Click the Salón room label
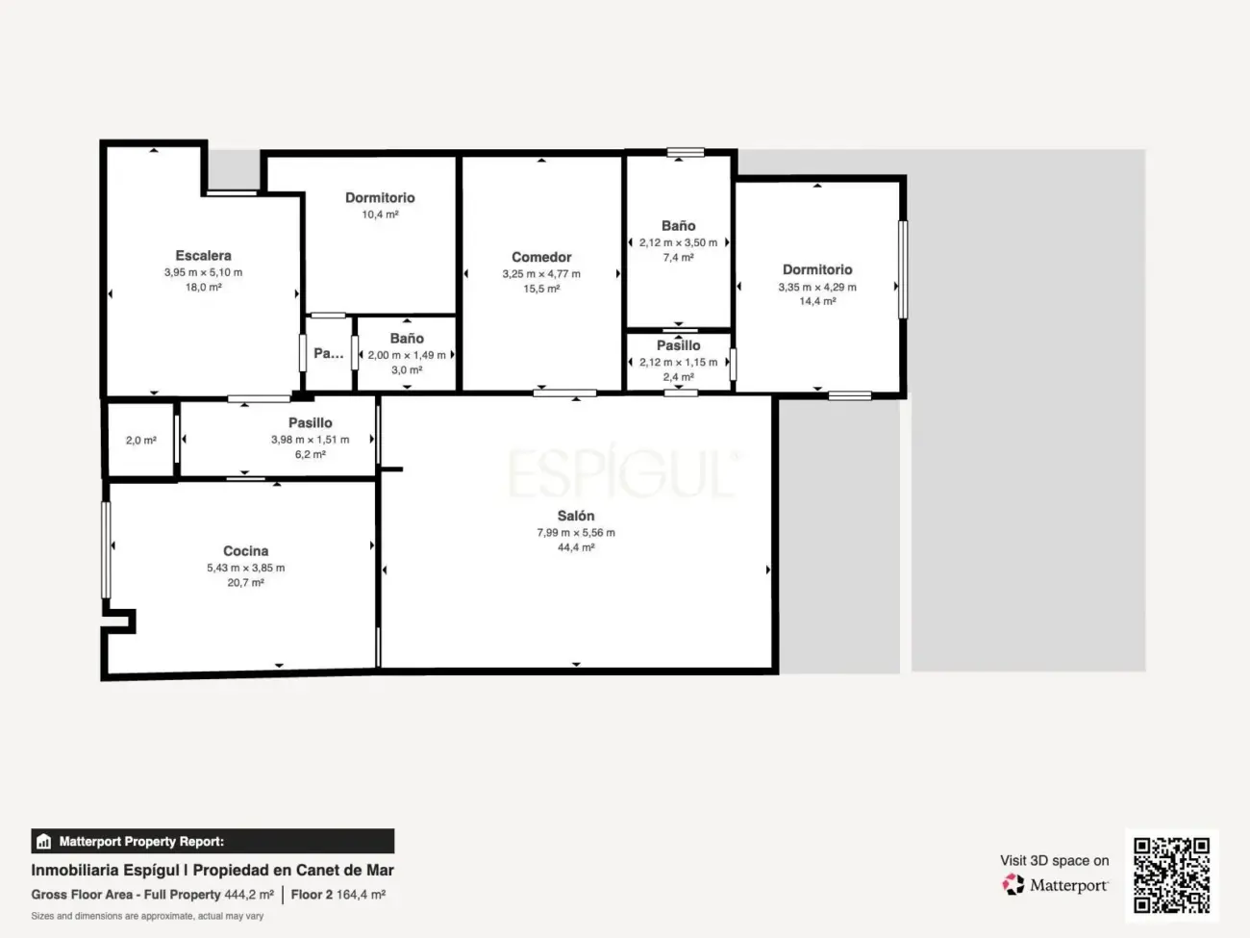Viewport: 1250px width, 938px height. pos(576,516)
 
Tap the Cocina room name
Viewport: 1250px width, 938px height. pos(245,550)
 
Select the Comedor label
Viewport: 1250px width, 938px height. pos(541,257)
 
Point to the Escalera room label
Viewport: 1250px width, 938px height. pos(203,256)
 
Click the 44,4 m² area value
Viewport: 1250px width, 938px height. pos(576,547)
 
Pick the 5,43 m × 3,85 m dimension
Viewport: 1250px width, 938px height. pos(245,568)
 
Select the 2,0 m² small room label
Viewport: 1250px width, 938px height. pos(141,441)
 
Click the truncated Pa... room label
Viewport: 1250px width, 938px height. pos(329,353)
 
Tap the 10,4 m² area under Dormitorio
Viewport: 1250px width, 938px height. pos(380,215)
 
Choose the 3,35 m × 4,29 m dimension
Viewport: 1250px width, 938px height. pos(817,287)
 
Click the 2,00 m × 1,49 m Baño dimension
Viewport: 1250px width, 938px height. pos(407,355)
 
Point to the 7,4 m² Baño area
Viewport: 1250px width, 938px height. pos(678,258)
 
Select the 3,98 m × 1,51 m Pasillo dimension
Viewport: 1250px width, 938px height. pos(310,440)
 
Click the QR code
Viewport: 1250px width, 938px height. pos(1171,875)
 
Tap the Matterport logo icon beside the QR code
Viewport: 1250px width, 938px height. pos(1013,884)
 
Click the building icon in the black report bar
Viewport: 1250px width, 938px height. pos(44,841)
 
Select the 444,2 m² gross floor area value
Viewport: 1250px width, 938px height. pos(249,895)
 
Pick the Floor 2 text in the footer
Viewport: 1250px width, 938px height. pos(312,895)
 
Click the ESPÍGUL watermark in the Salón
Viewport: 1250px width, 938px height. pos(622,472)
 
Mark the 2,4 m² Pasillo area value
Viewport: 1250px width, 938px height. pos(678,377)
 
